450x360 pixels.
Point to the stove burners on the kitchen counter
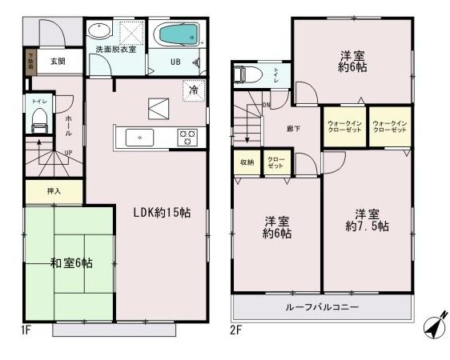tap(187, 137)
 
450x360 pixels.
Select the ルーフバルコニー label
tap(321, 307)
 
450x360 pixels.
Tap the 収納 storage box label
tap(246, 163)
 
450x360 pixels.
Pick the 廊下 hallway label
tap(294, 128)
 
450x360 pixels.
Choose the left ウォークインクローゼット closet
tap(344, 126)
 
